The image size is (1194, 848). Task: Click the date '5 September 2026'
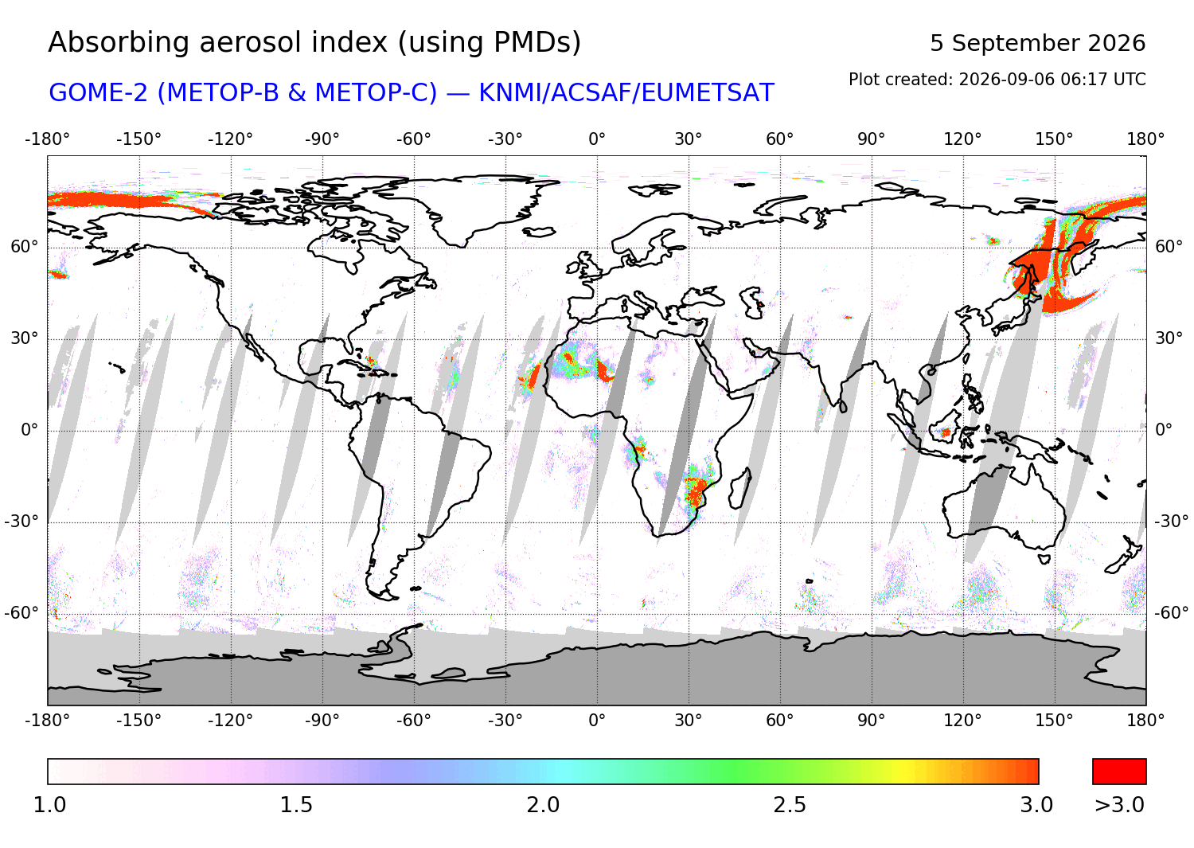[x=1038, y=43]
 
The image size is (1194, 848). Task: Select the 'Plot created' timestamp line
[x=997, y=80]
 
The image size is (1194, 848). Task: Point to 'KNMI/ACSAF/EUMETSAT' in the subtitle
[x=626, y=93]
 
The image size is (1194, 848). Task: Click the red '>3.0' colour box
[x=1119, y=772]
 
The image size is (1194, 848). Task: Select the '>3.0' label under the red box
[x=1119, y=805]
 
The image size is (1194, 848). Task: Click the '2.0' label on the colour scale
[x=543, y=805]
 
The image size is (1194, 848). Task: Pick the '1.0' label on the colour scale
[x=49, y=805]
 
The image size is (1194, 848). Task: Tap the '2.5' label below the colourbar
[x=790, y=805]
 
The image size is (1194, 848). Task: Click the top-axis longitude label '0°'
[x=597, y=139]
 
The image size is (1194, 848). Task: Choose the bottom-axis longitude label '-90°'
[x=322, y=721]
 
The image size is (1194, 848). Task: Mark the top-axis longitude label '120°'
[x=962, y=139]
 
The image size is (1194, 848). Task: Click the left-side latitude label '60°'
[x=25, y=247]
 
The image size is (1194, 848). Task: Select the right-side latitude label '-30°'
[x=1171, y=522]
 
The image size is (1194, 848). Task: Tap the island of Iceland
[x=539, y=232]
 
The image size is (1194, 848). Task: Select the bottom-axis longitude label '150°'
[x=1054, y=721]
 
